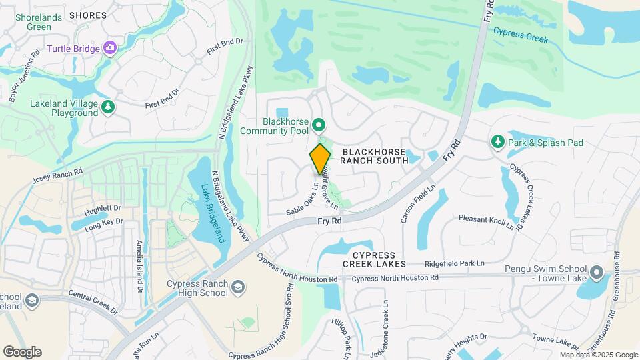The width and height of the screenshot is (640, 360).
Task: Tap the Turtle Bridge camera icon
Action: (110, 48)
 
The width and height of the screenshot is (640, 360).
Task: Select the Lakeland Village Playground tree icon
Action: (108, 107)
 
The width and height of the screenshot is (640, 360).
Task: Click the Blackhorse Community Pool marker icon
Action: (319, 125)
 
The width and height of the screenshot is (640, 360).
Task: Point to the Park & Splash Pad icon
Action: (497, 142)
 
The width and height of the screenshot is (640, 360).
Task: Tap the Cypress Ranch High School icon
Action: (238, 288)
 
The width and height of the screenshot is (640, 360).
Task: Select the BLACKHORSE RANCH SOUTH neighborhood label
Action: (374, 156)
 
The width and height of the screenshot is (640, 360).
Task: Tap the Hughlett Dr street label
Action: (103, 210)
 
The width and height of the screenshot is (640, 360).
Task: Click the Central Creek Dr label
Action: (93, 301)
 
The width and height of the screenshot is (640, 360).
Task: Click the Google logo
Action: (22, 351)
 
